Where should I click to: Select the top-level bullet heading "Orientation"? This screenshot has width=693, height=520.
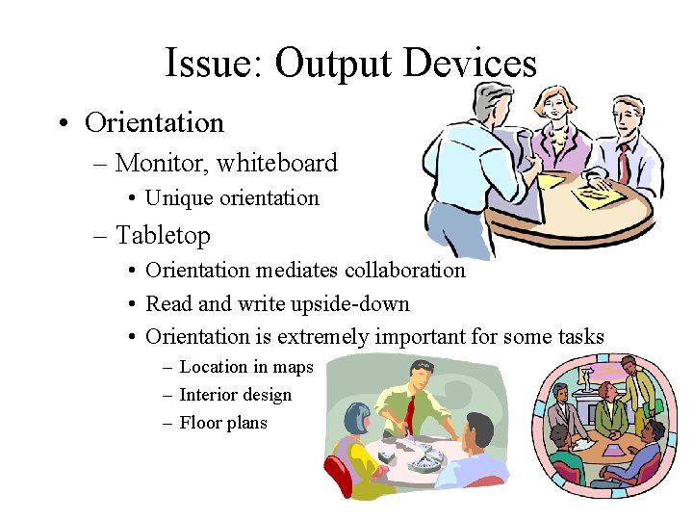click(x=154, y=123)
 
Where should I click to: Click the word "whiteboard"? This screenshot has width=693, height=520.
click(x=277, y=164)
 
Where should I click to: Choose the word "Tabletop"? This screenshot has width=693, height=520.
click(x=163, y=235)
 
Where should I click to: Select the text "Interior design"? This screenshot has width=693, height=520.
click(x=235, y=395)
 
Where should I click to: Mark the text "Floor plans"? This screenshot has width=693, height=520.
click(x=223, y=423)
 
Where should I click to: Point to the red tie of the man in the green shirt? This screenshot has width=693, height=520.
click(x=410, y=410)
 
